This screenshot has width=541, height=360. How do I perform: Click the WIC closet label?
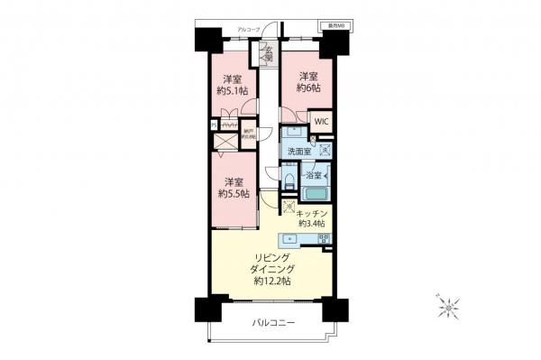(x=321, y=121)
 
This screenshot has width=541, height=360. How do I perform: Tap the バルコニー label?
(x=270, y=323)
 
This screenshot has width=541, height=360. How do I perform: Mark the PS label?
(x=214, y=125)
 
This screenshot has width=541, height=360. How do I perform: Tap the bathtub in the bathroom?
(x=315, y=194)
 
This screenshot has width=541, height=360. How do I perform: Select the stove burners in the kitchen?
(x=325, y=239)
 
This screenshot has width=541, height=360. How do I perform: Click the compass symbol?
(x=447, y=309)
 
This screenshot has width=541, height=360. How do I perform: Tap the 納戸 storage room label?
(x=249, y=135)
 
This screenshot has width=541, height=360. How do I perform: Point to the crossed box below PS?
(x=223, y=142)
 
